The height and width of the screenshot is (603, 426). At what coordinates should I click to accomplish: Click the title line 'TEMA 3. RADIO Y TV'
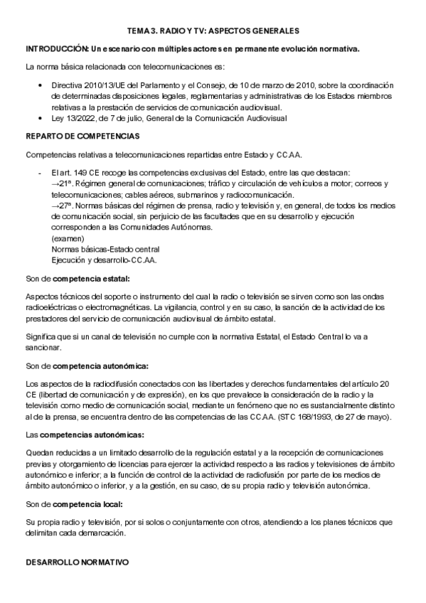tap(213, 31)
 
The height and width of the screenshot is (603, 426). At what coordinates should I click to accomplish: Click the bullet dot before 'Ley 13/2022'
tap(38, 117)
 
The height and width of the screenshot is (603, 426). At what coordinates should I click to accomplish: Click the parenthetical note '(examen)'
tap(67, 238)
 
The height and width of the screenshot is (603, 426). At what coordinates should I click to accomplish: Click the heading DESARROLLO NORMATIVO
tap(77, 561)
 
